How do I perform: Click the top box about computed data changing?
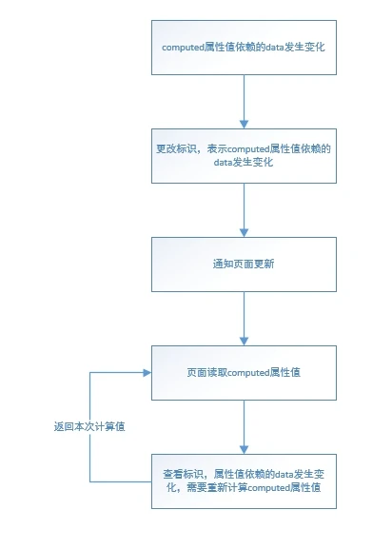click(245, 45)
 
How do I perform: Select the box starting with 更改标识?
click(245, 155)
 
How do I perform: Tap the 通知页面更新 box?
click(245, 264)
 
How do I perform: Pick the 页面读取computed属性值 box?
click(245, 372)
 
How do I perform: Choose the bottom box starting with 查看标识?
click(245, 480)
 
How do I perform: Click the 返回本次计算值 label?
click(90, 426)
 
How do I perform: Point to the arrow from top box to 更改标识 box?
click(245, 100)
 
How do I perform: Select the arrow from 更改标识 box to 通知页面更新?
click(245, 209)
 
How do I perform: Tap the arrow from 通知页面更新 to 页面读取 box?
click(245, 318)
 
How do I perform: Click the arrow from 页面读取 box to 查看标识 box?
click(245, 426)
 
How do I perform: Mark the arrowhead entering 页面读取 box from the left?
click(146, 372)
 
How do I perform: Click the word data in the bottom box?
click(285, 473)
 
